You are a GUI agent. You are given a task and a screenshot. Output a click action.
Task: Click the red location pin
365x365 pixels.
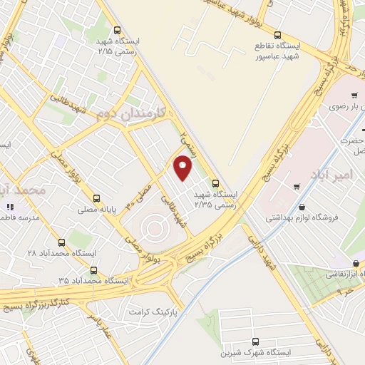coord(184,168)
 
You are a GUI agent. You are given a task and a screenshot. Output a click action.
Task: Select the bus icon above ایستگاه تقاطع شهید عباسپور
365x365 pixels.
coord(277,34)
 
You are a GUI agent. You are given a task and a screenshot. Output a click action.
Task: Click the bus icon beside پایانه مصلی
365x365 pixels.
coord(96,199)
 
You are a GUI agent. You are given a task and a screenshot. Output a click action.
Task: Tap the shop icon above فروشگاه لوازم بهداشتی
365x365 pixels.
coord(296,187)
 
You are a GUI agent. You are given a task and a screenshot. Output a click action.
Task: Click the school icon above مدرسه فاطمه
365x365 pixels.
coord(10,207)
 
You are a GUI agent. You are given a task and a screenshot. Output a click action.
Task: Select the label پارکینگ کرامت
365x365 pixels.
coord(147,312)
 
